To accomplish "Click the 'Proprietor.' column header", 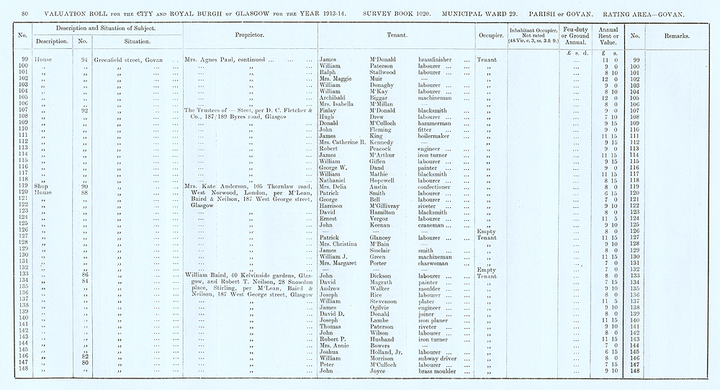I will click(x=251, y=35).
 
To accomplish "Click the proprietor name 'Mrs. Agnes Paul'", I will click(x=210, y=59).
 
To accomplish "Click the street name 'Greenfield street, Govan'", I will click(x=128, y=59).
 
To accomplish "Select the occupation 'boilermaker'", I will click(x=436, y=136).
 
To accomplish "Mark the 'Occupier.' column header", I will click(x=490, y=35).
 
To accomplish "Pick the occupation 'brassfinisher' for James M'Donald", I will click(x=438, y=59).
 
